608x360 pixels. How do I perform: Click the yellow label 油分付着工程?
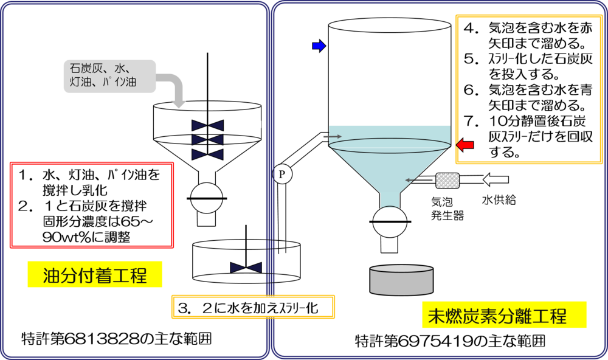point(95,275)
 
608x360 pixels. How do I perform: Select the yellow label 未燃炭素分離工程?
point(504,315)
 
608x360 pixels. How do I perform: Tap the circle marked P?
point(282,175)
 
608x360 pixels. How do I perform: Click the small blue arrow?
point(319,46)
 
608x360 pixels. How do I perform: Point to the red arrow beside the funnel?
point(465,144)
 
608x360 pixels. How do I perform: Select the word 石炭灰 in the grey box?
point(87,67)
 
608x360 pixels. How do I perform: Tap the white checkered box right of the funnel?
point(447,180)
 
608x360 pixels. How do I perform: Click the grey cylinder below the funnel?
point(401,280)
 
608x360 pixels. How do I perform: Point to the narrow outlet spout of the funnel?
point(390,199)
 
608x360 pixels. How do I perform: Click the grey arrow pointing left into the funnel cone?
point(419,180)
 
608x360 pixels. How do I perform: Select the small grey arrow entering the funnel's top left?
point(332,137)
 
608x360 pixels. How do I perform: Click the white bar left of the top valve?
point(173,124)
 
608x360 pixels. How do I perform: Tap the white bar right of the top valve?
point(242,124)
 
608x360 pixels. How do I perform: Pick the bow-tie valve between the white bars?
point(207,124)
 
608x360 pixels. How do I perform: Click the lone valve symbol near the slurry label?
point(246,268)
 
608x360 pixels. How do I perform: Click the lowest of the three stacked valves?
point(207,154)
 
